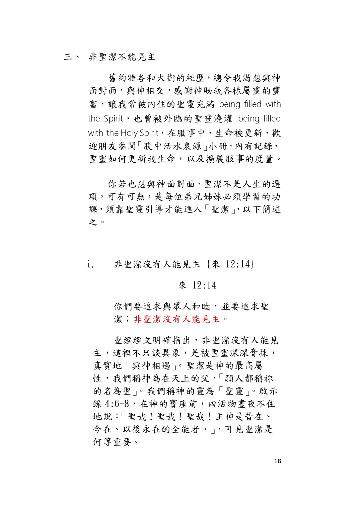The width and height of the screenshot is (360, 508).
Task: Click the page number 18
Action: tap(277, 461)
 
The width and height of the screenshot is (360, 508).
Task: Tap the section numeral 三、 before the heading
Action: tap(72, 57)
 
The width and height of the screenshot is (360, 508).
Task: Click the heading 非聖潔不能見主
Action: tap(122, 57)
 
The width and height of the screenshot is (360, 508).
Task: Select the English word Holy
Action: tap(129, 133)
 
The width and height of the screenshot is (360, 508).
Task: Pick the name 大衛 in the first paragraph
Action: tap(166, 78)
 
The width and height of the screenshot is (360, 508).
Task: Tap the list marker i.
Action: tap(90, 264)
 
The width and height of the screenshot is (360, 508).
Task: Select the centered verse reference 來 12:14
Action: tap(197, 285)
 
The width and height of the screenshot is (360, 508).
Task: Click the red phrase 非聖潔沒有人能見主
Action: tap(176, 319)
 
